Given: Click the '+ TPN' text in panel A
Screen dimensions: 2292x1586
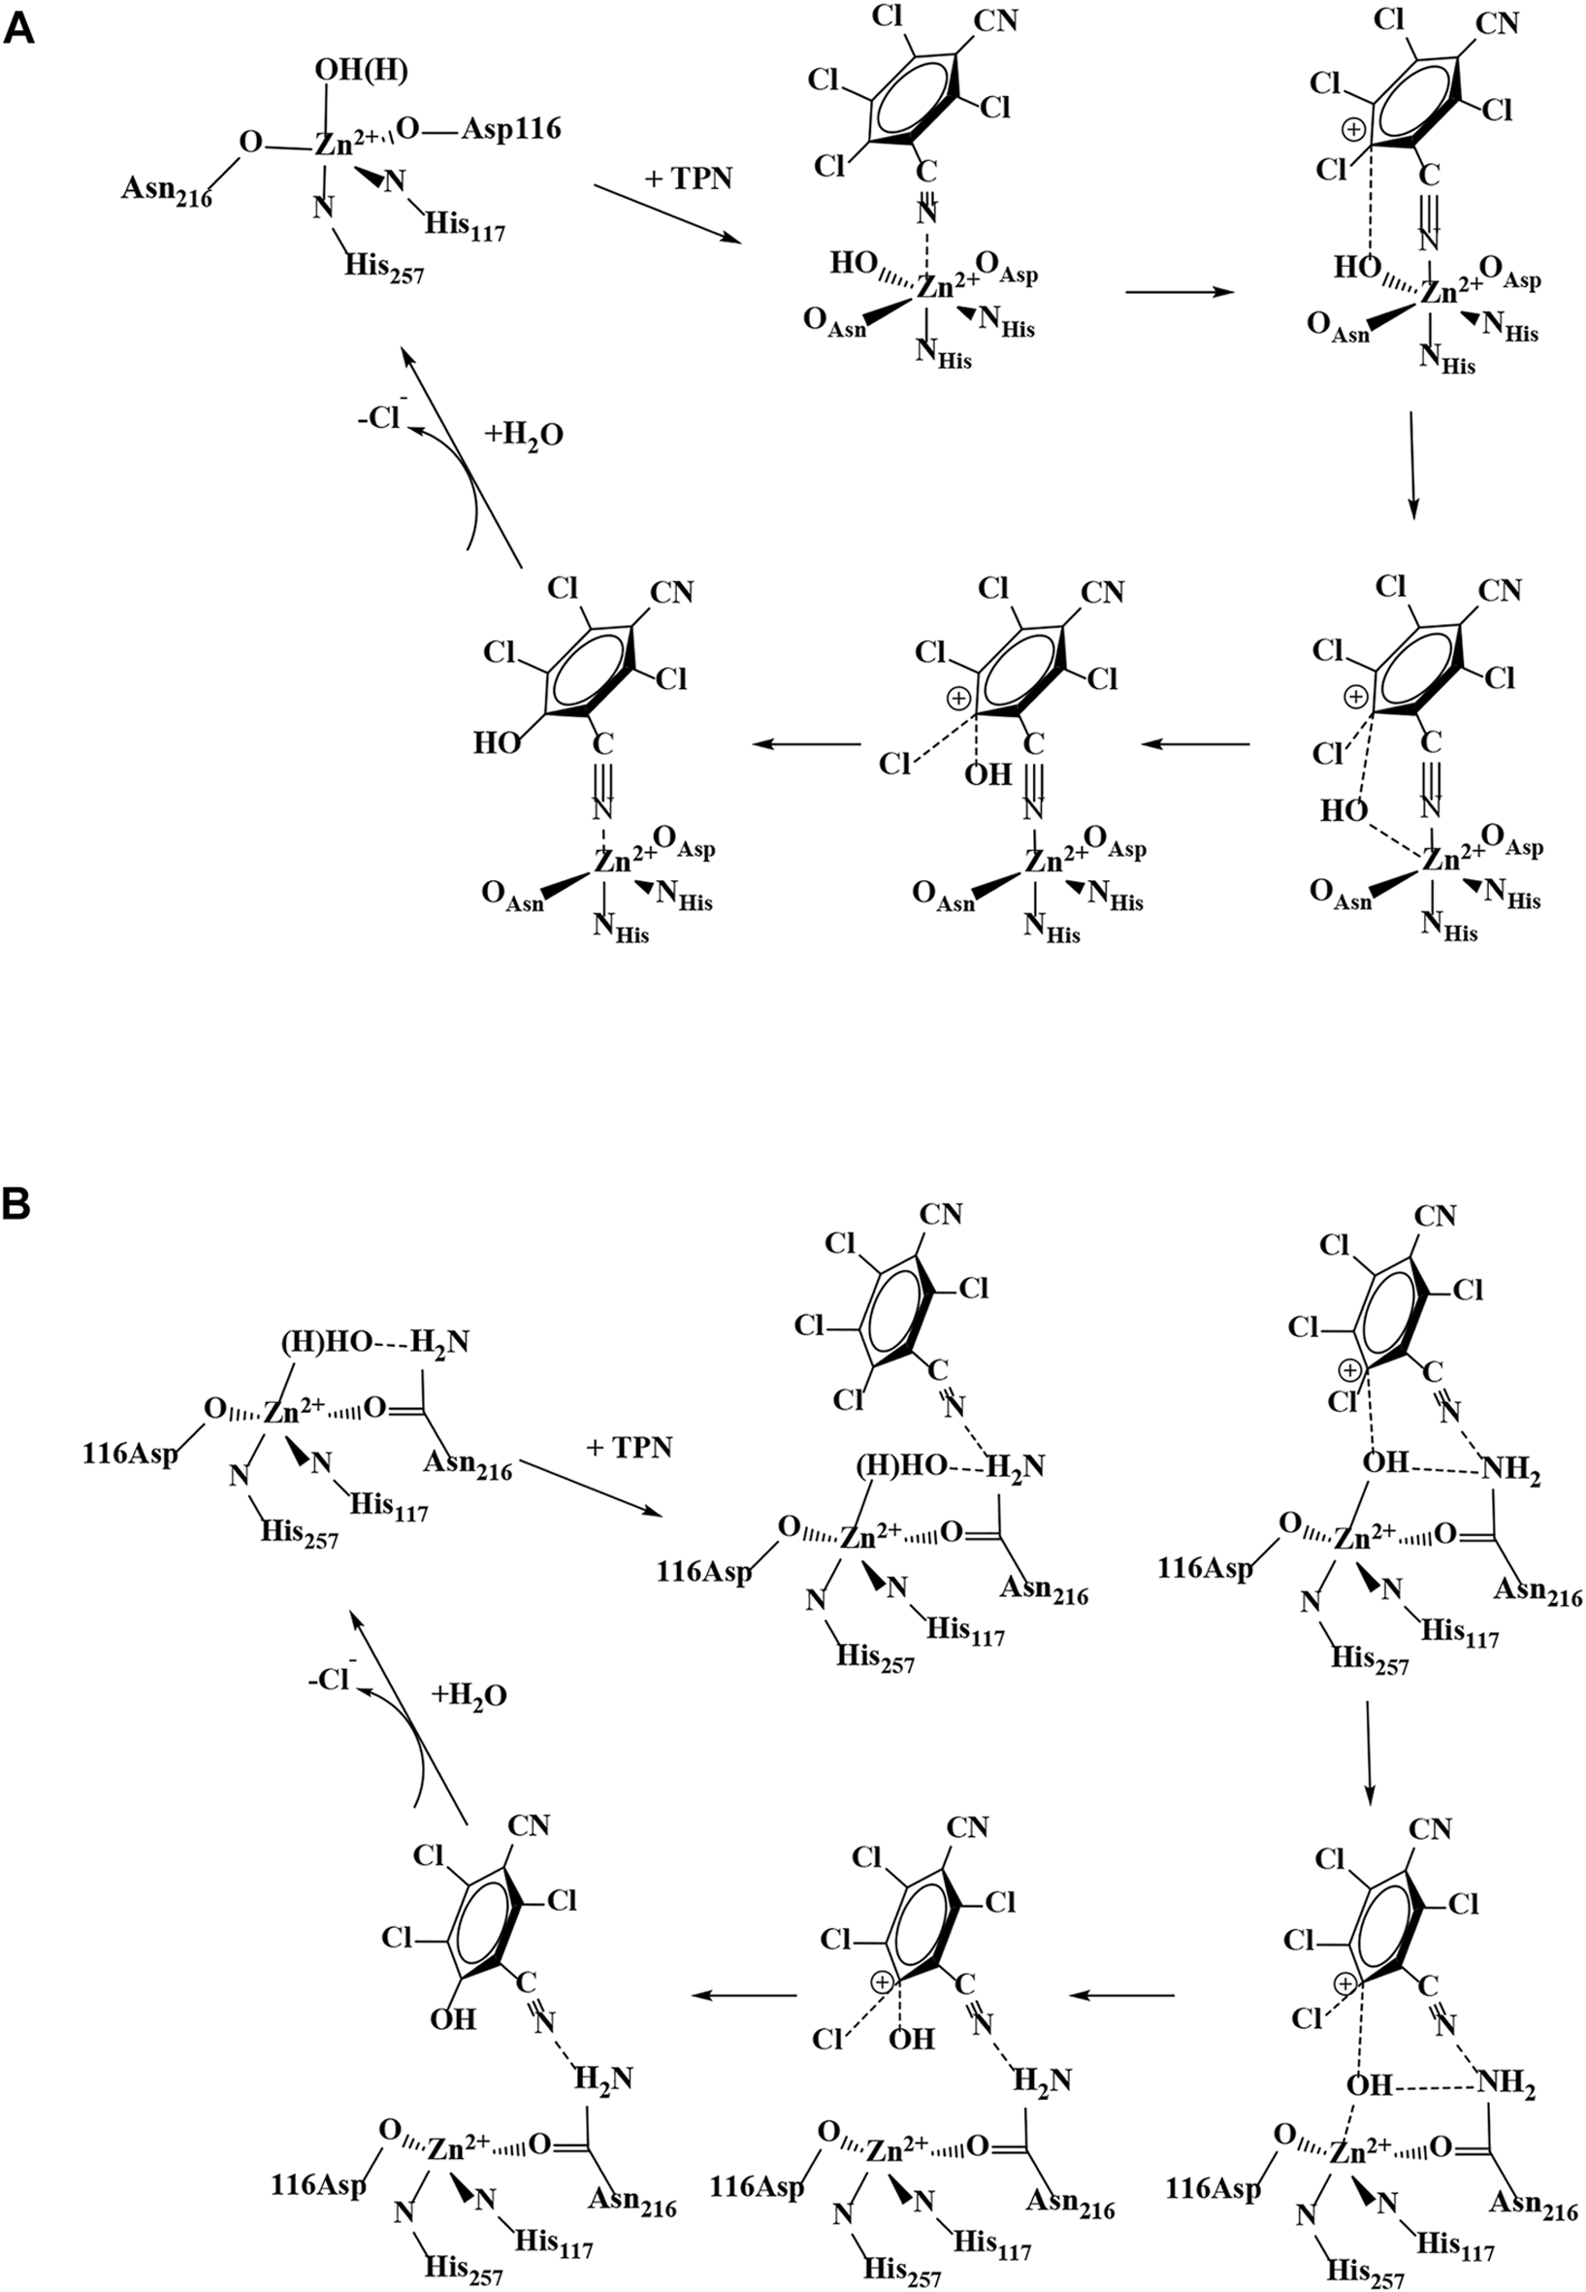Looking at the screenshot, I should (689, 179).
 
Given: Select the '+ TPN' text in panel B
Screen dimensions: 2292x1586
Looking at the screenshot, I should (629, 1447).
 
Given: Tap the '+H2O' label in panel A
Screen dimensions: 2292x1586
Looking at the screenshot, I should (524, 436).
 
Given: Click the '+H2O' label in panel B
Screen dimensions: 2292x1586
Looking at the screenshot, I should (469, 1695).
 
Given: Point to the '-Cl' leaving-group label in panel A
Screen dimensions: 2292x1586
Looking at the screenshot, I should (379, 417).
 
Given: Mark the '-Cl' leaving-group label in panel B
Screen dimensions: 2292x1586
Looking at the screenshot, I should (331, 1679).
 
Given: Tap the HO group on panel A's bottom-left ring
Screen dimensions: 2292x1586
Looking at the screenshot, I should (497, 743).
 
